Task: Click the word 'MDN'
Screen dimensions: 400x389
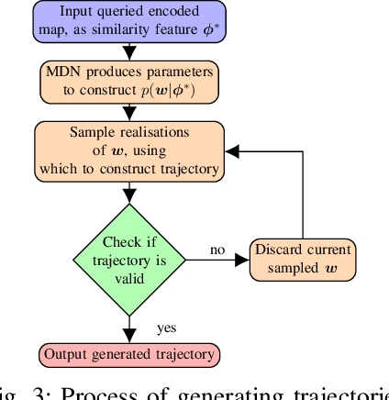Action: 64,72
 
